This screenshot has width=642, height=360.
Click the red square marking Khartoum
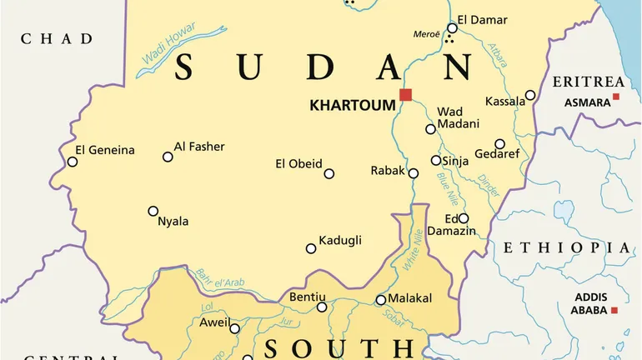click(x=405, y=94)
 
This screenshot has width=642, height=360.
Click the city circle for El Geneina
click(x=73, y=162)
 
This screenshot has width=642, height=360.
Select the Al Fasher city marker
click(x=168, y=157)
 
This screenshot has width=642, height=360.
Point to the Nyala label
click(x=173, y=222)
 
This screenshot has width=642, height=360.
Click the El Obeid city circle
click(x=329, y=174)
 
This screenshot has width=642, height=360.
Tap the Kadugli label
click(x=340, y=241)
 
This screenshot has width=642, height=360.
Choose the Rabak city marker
click(x=414, y=173)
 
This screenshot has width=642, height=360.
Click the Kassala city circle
click(x=530, y=95)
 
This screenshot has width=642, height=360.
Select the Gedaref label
click(x=497, y=154)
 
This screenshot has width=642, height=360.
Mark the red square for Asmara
click(x=616, y=97)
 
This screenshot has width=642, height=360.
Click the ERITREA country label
click(x=589, y=82)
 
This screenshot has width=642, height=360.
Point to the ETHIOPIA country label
click(x=566, y=247)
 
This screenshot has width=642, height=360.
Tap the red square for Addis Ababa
click(x=614, y=310)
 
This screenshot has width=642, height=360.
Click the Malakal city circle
click(x=381, y=300)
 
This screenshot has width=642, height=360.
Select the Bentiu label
click(x=307, y=297)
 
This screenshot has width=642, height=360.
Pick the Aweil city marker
click(x=235, y=328)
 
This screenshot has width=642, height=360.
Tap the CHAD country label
click(x=57, y=38)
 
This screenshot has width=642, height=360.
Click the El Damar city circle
click(x=452, y=27)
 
